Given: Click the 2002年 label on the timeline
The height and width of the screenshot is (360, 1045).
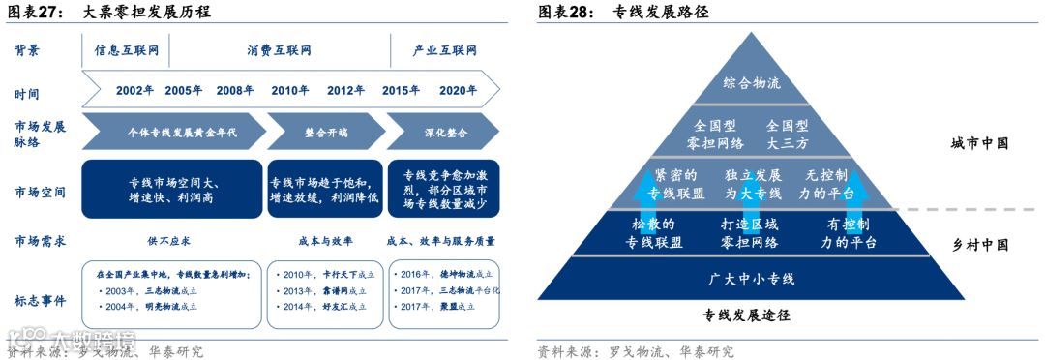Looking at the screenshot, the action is tap(135, 91).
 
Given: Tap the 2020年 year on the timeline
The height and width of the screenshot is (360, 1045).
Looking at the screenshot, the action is tap(458, 91).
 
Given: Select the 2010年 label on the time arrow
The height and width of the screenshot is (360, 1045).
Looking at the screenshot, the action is tap(289, 91).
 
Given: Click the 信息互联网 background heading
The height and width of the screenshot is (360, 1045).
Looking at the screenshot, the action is tap(126, 50).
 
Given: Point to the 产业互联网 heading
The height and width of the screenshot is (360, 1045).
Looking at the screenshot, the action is tap(445, 50).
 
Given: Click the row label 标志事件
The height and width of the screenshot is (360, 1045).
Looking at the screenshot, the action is tap(41, 300).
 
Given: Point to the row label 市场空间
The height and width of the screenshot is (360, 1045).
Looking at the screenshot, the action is tap(41, 191).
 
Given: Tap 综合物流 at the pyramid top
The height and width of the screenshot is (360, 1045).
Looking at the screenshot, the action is tap(752, 83).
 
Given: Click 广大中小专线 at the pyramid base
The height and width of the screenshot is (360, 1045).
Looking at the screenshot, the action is tap(752, 279).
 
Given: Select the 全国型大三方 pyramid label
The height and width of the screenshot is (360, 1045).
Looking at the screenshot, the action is tap(799, 135).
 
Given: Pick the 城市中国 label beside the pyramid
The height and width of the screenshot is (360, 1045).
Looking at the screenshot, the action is tap(979, 143).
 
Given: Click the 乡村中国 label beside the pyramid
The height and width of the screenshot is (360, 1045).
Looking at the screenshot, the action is tap(979, 246).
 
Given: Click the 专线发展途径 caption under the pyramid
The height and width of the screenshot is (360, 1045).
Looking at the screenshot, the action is tap(746, 315).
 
